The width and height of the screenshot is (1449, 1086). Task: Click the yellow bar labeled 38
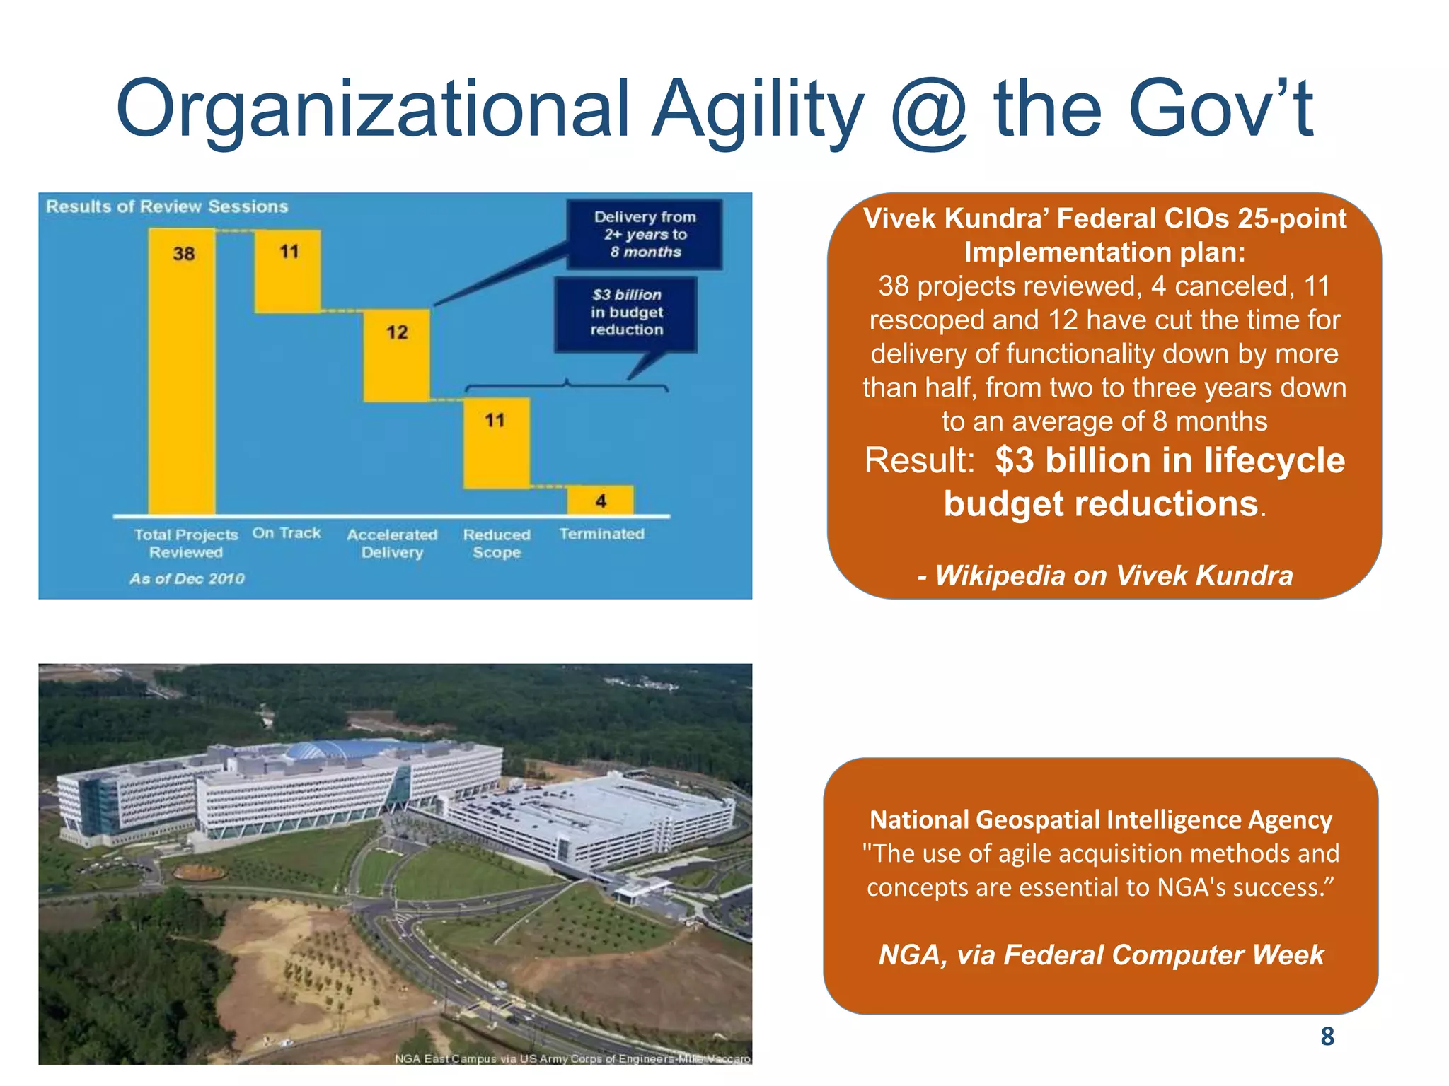click(182, 371)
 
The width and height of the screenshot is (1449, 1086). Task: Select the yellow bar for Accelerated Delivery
click(396, 355)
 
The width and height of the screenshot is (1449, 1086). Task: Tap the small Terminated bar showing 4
click(601, 500)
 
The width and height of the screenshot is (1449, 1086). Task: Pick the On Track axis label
click(287, 533)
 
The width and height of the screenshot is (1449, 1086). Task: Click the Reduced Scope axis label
click(497, 543)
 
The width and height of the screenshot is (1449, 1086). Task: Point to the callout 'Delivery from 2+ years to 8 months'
click(645, 234)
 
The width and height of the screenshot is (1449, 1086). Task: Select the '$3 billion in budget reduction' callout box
click(626, 313)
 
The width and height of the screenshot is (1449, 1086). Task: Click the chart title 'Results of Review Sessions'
click(167, 206)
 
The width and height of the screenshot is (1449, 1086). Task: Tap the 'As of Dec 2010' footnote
click(187, 578)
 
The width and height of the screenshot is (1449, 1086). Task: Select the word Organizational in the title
click(371, 110)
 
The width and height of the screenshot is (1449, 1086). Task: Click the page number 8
click(1327, 1037)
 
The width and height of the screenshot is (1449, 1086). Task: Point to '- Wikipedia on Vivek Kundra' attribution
click(1104, 576)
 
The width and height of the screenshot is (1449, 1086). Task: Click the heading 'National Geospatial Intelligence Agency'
click(1100, 819)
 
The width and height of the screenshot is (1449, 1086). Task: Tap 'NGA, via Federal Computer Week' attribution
click(1100, 954)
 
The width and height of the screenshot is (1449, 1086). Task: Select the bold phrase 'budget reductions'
click(1100, 504)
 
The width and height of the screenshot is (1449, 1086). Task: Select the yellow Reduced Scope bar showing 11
click(496, 443)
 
